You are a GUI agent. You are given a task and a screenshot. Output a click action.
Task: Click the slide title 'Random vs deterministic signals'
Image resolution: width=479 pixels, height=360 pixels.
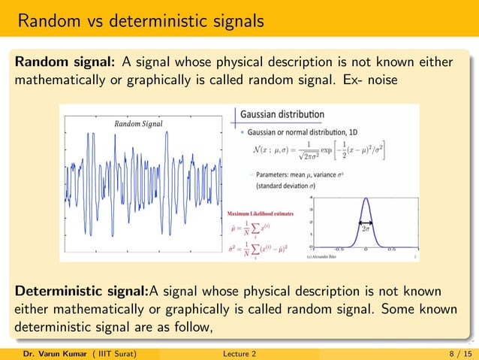140,20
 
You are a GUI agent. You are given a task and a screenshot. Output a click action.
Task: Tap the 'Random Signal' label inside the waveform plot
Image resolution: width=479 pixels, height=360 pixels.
138,123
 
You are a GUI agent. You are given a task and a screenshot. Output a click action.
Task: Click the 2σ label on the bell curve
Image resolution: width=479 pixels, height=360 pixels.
366,226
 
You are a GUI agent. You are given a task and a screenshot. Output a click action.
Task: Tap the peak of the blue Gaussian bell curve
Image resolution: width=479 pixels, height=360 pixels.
366,198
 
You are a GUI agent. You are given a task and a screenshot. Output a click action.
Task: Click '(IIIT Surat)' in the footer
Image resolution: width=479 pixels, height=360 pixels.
109,352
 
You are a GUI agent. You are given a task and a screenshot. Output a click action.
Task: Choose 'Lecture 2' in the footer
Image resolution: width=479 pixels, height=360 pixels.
239,352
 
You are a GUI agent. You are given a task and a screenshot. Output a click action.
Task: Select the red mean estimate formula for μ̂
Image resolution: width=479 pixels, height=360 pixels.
252,229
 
